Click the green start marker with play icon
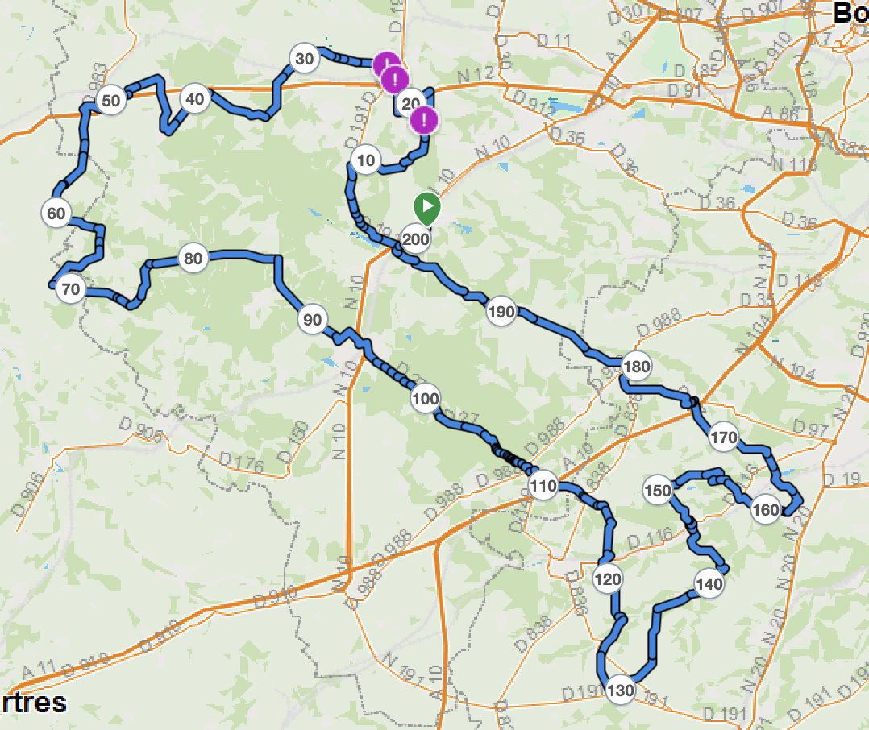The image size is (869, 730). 427,207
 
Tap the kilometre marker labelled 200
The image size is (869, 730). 416,239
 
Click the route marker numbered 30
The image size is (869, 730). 304,59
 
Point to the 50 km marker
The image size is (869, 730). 111,101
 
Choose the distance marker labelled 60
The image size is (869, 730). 56,214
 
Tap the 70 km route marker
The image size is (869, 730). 71,289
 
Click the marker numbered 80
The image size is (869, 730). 193,259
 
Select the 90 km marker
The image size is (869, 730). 312,320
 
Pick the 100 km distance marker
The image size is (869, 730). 426,398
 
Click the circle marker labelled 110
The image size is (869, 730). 543,486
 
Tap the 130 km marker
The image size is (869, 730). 620,691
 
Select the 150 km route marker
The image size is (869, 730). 658,491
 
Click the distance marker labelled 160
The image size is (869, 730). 766,510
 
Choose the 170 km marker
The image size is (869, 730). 723,438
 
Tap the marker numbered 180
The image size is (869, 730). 636,367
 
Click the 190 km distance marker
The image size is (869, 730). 501,312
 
